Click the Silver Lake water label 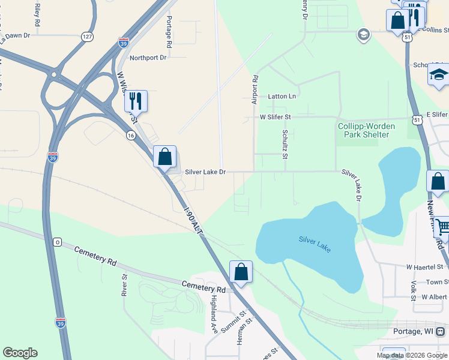point(315,244)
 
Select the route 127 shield point(88,37)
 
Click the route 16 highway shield point(131,136)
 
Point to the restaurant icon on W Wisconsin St point(136,101)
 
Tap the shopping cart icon point(441,227)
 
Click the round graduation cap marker point(363,35)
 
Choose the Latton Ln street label point(282,96)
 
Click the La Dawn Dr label point(15,35)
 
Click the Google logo point(20,353)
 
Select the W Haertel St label point(424,266)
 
